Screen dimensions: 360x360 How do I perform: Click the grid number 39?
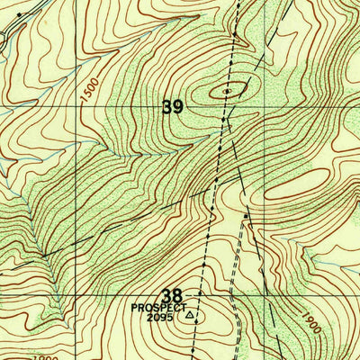tap(173, 107)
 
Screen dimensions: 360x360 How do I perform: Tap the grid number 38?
tap(173, 294)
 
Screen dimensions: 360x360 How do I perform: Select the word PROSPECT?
tap(158, 307)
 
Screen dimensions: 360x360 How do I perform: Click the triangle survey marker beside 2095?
tap(189, 316)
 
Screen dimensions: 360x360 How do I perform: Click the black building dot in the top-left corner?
tap(19, 14)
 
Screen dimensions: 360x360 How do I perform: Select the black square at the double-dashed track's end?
tap(245, 216)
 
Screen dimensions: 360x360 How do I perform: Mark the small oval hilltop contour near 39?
tap(228, 90)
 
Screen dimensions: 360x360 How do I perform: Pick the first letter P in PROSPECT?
tap(135, 307)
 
